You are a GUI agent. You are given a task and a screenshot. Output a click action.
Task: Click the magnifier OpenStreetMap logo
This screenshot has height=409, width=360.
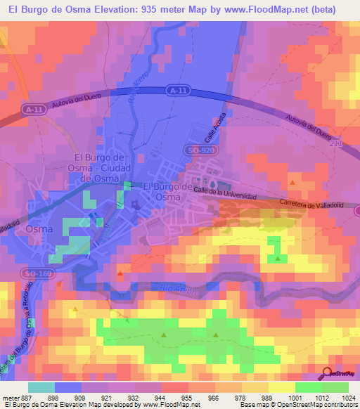click(327, 375)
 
